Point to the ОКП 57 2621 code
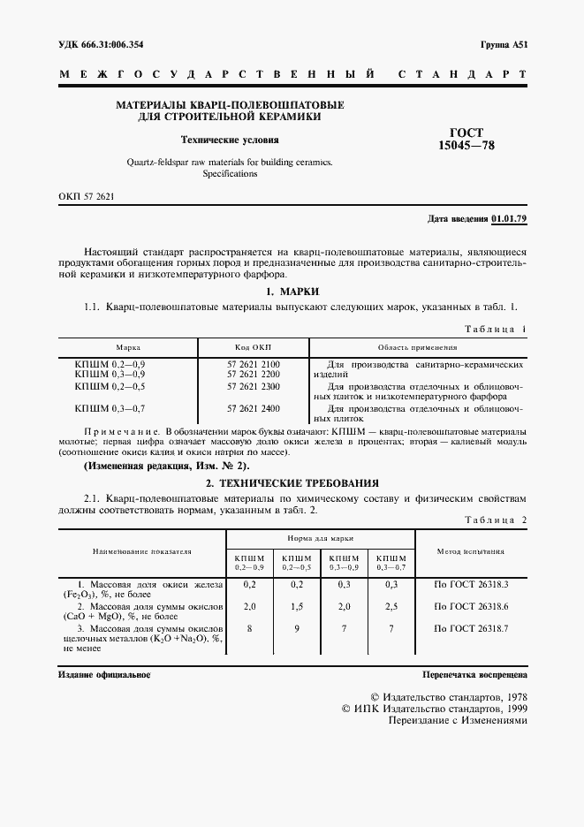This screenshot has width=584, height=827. (87, 196)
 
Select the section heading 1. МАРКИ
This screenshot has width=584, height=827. (292, 292)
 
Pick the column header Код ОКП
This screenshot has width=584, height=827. (253, 348)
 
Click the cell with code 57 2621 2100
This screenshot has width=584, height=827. (253, 364)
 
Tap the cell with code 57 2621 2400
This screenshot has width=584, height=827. (253, 408)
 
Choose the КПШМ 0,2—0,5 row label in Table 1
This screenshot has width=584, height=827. (110, 386)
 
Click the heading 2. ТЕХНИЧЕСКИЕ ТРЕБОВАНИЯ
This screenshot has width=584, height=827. (292, 483)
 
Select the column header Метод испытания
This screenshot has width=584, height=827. (471, 550)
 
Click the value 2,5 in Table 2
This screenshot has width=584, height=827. (392, 607)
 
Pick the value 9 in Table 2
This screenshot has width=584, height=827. (297, 628)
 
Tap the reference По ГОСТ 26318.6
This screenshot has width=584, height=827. (471, 607)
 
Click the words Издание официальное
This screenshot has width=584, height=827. (103, 674)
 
